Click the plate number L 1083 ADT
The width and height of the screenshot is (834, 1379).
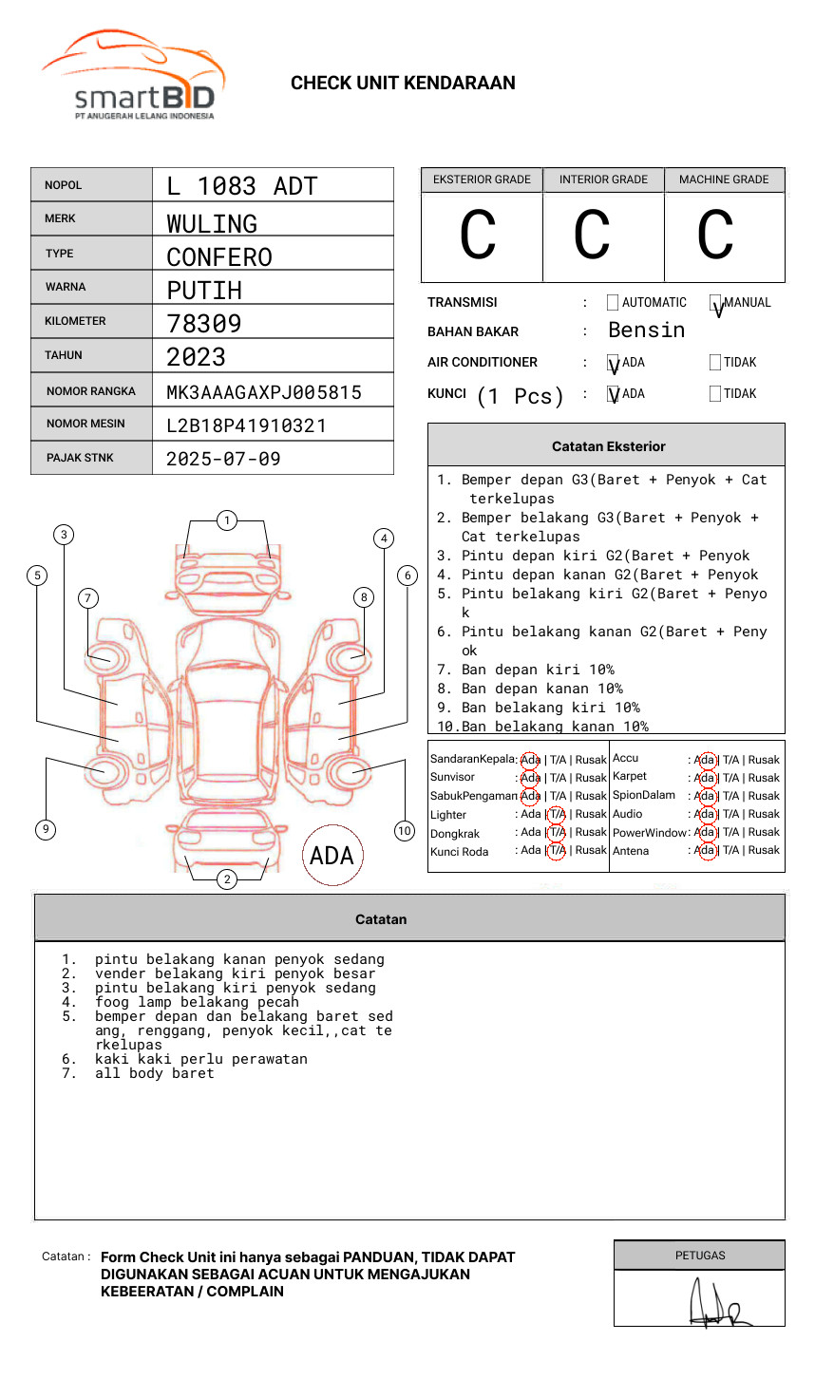coord(241,186)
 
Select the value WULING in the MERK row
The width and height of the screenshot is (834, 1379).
coord(212,223)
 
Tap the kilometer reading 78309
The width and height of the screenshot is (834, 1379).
coord(204,323)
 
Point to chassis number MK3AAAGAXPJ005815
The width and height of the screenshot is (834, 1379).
coord(264,392)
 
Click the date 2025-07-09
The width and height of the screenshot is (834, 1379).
coord(223,459)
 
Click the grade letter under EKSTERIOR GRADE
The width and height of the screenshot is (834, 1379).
coord(479,236)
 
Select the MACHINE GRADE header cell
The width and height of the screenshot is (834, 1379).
coord(724,179)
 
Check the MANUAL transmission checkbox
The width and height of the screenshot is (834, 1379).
coord(715,303)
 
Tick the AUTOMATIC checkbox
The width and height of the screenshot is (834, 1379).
coord(613,303)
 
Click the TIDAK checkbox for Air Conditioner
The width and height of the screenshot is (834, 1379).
coord(715,362)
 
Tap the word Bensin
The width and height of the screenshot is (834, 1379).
coord(646,330)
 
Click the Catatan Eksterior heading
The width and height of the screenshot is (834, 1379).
coord(608,446)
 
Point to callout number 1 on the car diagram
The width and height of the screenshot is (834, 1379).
coord(226,520)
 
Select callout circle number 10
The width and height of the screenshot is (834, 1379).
coord(405,831)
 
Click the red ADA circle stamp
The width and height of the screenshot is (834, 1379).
coord(332,856)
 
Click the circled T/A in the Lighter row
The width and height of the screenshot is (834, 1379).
coord(557,814)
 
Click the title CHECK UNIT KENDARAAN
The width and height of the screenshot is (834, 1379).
coord(403,84)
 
